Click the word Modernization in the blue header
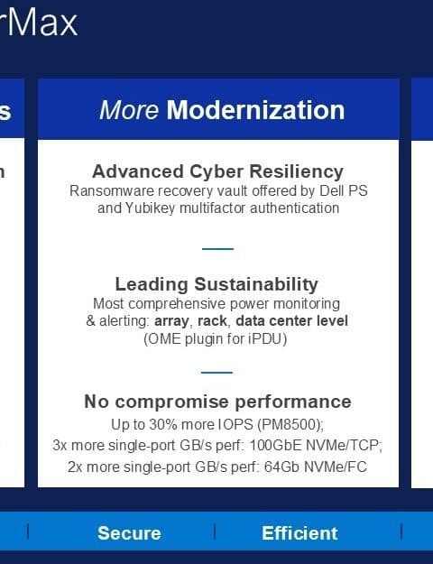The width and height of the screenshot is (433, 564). coord(255,110)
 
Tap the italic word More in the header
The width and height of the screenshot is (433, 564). coord(129,110)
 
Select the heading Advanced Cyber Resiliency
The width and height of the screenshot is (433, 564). coord(218,171)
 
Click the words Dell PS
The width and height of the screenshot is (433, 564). coord(344,190)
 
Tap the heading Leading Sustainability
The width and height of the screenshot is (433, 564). coord(216,284)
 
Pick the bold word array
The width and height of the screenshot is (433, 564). coord(171,321)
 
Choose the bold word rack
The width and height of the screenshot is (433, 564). coord(212,320)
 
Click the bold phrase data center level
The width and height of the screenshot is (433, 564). coord(291,320)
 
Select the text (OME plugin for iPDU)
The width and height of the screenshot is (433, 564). coord(216,338)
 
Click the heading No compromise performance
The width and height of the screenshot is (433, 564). coord(217,402)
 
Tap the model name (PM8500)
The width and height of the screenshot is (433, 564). coord(290,424)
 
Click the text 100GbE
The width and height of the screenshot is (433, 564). coord(275,445)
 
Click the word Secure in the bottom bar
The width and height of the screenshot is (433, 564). coord(129,533)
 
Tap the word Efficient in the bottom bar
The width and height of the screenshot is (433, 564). coord(299,533)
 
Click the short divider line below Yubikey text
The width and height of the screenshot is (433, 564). coord(217,248)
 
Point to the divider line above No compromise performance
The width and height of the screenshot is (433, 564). coord(216,373)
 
